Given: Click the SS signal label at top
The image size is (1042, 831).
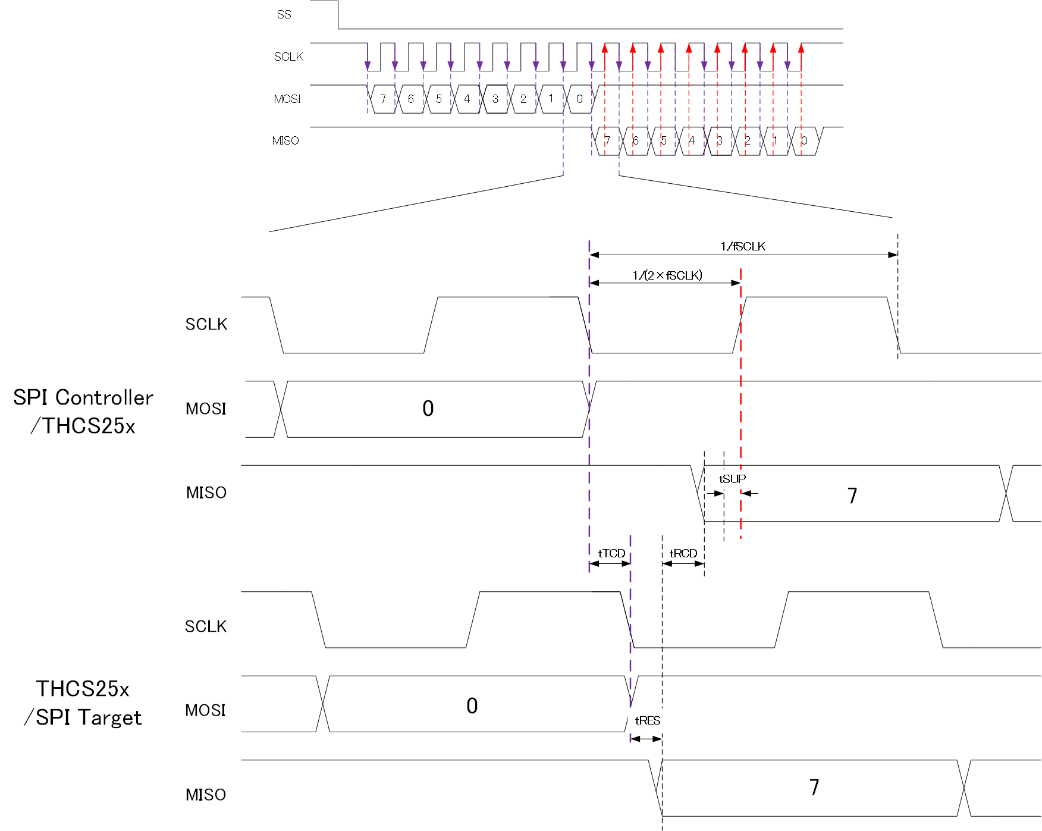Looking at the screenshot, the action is point(284,15).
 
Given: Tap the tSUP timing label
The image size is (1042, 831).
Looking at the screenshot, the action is point(732,479).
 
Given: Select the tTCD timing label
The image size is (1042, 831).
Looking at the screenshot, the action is point(611,553).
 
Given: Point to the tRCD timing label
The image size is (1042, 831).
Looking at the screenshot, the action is point(683,553).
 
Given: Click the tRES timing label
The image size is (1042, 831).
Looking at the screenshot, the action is point(648,720).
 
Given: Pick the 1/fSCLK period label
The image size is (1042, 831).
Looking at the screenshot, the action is point(743,246).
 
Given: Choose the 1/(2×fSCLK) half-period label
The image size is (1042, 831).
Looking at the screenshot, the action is point(667,275).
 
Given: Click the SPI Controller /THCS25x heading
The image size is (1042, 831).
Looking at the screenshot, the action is point(83,412).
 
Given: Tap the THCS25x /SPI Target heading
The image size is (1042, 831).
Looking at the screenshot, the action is point(83,703).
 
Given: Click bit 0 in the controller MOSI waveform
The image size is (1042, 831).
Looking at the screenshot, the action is point(428,409).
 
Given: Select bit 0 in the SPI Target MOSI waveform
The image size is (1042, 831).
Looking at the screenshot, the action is point(472,705).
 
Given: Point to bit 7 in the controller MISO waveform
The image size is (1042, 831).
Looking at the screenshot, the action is point(852,496).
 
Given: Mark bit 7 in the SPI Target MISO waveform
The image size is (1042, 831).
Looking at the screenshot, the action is point(814,788).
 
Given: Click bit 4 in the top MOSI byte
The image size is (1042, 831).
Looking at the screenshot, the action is point(467,99).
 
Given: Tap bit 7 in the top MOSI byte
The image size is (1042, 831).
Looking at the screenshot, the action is point(383,99).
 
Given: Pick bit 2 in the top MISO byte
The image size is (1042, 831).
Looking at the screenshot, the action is point(748,141).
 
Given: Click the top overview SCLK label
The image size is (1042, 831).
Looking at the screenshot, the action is point(288,57).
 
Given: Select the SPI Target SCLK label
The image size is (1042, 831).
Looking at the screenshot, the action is point(206,626).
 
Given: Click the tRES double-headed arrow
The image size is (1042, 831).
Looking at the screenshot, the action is point(646,739).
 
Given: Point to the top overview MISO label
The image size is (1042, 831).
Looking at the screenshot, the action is point(285,141).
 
